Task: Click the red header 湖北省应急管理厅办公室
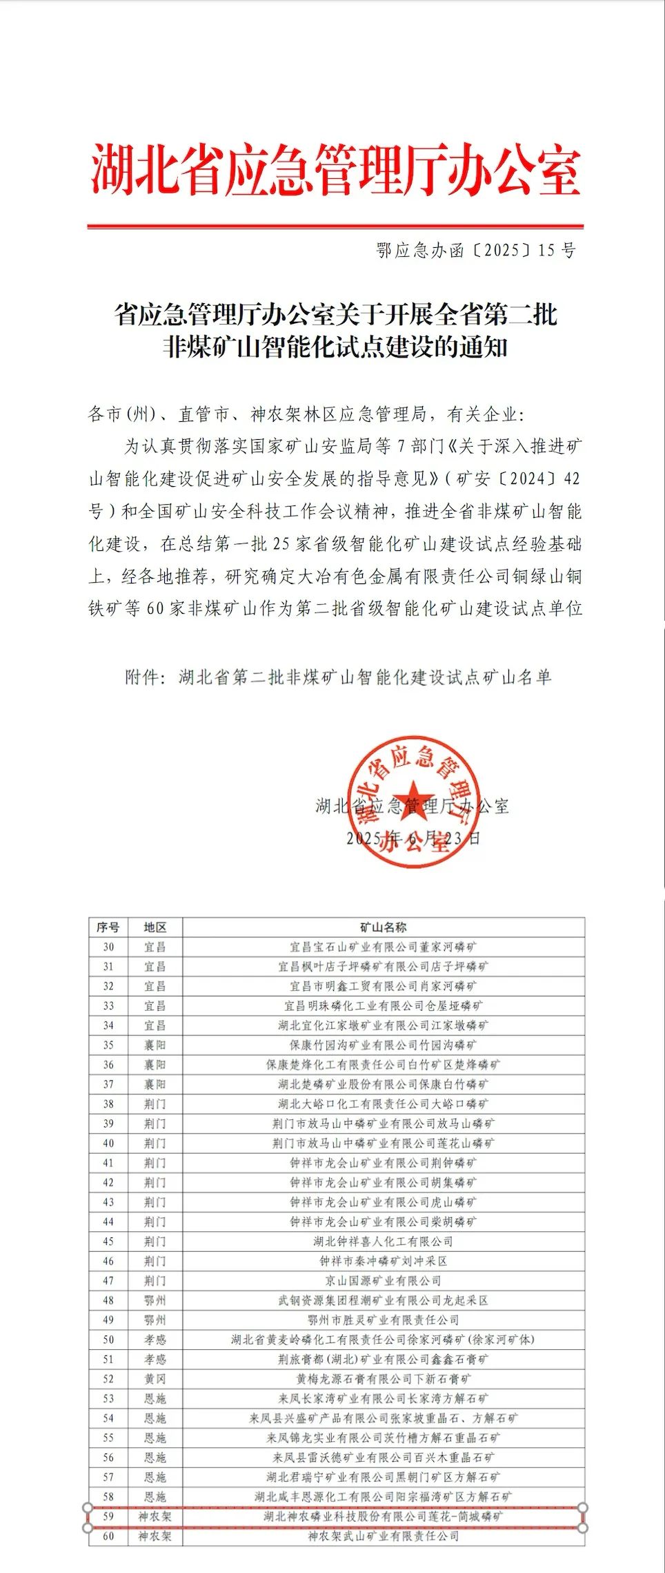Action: (x=335, y=170)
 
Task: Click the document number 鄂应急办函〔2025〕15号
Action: (x=476, y=250)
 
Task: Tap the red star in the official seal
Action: (x=413, y=801)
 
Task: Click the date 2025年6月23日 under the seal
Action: (x=413, y=838)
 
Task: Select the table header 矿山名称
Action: (x=383, y=927)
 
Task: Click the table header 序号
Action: (x=108, y=927)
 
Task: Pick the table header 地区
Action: (x=155, y=927)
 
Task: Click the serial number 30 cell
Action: (x=108, y=947)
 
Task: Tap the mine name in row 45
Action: (x=383, y=1242)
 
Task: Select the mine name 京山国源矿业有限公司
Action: (x=383, y=1281)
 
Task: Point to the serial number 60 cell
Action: (x=108, y=1536)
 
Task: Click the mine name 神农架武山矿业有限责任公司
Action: (x=383, y=1536)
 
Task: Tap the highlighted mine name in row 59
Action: (x=383, y=1517)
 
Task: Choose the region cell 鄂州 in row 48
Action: (x=155, y=1300)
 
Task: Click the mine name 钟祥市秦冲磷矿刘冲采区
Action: (x=383, y=1261)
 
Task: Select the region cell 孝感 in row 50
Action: (x=155, y=1340)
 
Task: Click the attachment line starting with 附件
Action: (x=338, y=677)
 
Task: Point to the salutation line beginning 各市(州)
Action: (x=306, y=414)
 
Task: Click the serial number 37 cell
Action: (x=108, y=1084)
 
